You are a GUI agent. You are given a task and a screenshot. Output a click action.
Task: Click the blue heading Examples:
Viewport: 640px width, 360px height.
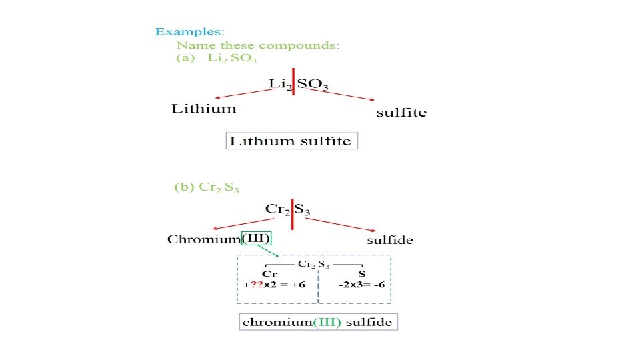(190, 31)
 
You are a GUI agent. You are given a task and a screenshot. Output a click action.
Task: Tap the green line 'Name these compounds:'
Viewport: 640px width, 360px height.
(258, 45)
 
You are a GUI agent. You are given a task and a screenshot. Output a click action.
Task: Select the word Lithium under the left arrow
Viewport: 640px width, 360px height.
(204, 109)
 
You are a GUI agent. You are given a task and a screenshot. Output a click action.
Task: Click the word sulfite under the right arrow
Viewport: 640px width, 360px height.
(401, 113)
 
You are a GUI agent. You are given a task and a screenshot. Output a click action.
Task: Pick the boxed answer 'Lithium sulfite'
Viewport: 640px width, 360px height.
(291, 141)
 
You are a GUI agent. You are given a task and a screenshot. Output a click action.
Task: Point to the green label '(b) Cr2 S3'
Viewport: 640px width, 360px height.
(207, 187)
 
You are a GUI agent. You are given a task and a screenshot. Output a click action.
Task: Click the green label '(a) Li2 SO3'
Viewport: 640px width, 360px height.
(217, 59)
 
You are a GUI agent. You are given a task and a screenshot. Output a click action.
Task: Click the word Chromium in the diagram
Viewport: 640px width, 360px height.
(204, 239)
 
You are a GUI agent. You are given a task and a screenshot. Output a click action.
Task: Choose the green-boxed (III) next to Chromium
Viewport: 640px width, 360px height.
(257, 239)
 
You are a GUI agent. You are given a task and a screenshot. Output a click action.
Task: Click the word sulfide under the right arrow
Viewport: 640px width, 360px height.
(390, 240)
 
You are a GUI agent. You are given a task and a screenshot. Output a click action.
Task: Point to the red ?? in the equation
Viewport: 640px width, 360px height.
(255, 285)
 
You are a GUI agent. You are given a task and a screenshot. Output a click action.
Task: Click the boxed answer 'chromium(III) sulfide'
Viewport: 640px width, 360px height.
(318, 322)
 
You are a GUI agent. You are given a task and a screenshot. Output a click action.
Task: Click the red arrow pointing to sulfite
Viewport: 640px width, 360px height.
(340, 95)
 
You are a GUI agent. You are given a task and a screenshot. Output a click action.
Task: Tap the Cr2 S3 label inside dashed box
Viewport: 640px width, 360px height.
(313, 265)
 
